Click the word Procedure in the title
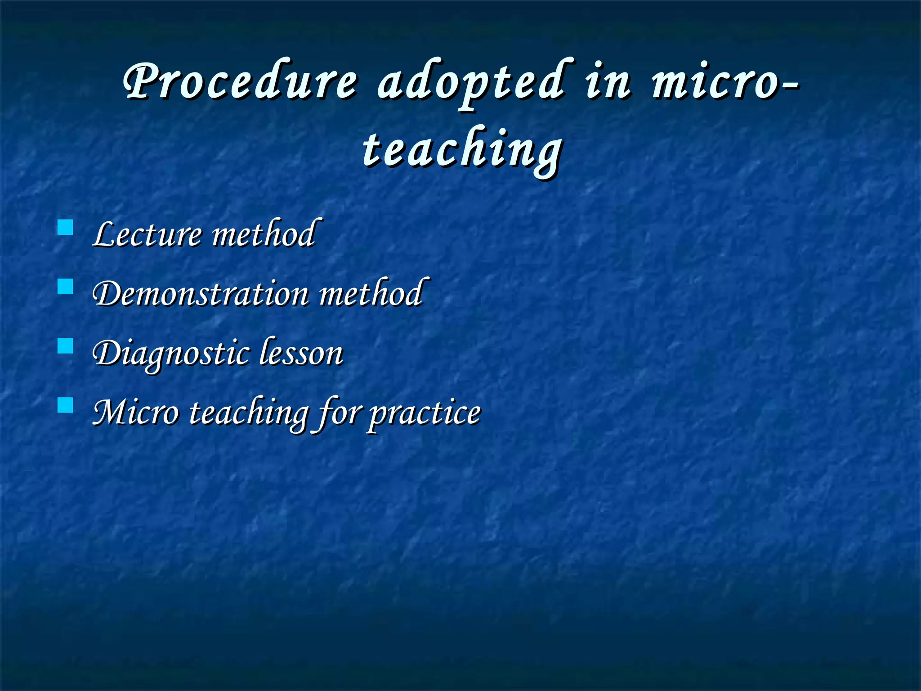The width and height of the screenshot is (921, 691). click(241, 81)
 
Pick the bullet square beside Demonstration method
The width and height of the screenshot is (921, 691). click(66, 287)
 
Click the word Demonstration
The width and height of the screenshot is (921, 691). click(201, 293)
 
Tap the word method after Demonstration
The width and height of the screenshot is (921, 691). click(371, 293)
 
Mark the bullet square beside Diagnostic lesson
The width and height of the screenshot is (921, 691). click(66, 346)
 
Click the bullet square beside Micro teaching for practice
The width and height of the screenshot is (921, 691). click(66, 405)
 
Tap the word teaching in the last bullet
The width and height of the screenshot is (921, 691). click(248, 413)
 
